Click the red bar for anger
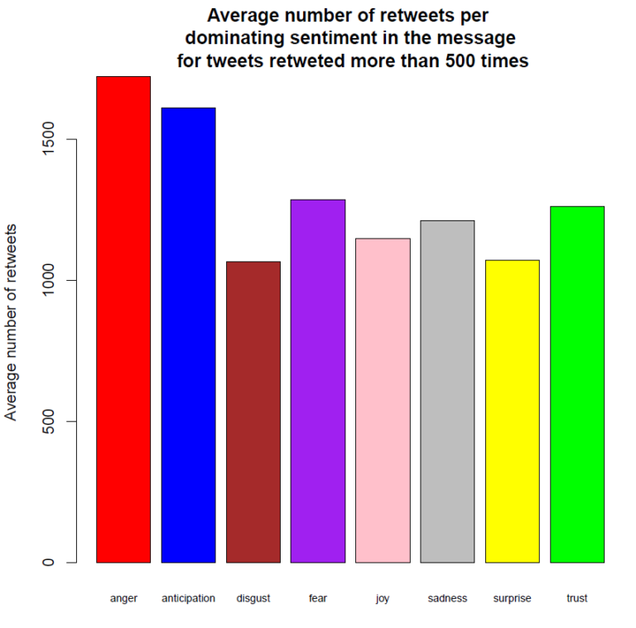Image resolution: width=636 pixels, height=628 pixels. tap(123, 319)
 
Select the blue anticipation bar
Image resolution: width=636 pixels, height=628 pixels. tap(188, 335)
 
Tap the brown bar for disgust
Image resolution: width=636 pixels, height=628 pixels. tap(253, 412)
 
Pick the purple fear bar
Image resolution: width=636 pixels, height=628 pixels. tap(317, 381)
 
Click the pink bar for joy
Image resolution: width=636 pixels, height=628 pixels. tap(382, 400)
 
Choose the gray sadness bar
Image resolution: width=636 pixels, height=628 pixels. tap(447, 391)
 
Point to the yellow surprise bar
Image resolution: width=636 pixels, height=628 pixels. tap(512, 411)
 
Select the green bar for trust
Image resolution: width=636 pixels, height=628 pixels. tap(576, 384)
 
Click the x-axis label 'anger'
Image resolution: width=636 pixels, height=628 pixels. tap(123, 598)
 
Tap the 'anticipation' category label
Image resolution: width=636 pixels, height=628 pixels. tap(188, 598)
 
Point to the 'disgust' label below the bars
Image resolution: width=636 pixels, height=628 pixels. tap(253, 598)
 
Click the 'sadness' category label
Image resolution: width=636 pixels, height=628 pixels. tap(447, 598)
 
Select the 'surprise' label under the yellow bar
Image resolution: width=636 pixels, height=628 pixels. tap(512, 598)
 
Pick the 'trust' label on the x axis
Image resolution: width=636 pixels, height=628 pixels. tap(576, 598)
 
